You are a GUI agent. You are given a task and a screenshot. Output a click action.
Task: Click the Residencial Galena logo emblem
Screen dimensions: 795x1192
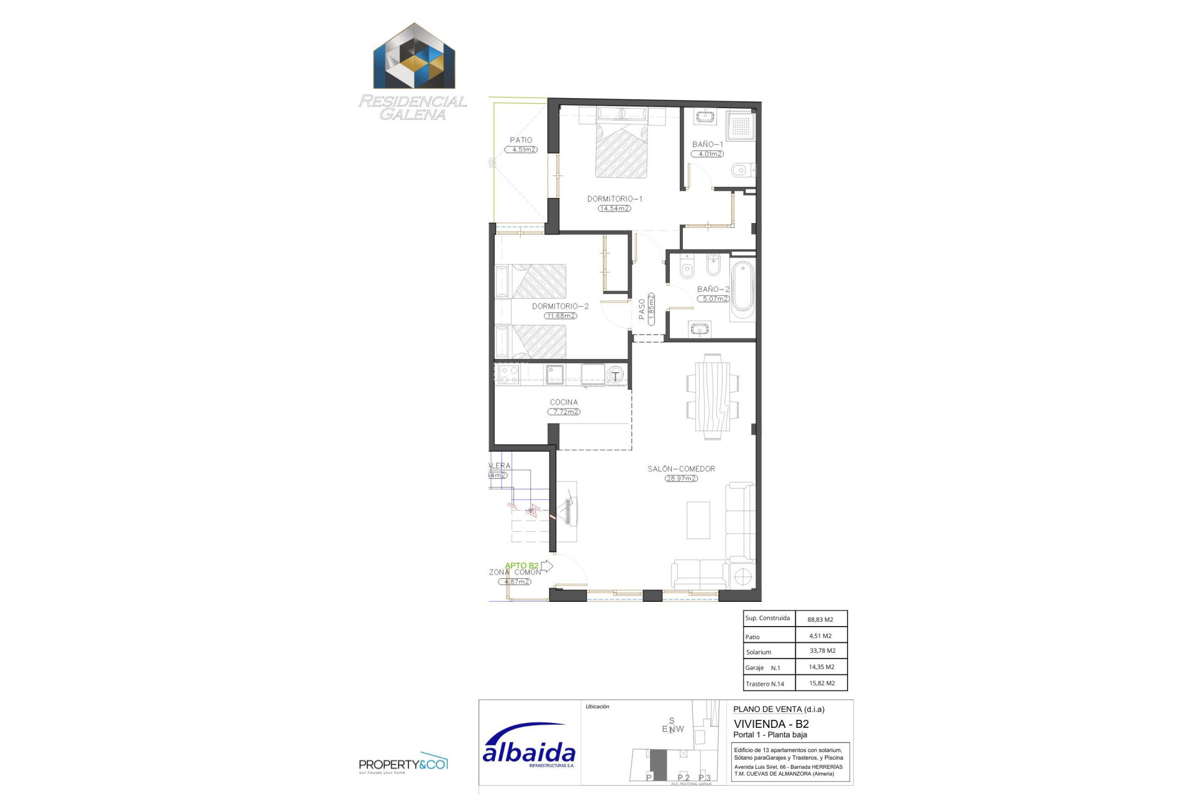(414, 57)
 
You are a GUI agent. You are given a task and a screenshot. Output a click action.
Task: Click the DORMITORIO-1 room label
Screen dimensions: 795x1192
(615, 199)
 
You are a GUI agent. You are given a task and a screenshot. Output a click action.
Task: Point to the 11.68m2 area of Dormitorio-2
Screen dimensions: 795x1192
(561, 316)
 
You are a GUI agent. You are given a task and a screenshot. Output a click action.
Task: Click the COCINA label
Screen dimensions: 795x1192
(564, 402)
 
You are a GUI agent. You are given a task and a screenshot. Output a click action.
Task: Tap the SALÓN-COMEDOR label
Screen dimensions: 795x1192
(681, 469)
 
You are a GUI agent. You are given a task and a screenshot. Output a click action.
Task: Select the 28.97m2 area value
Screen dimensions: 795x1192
(681, 479)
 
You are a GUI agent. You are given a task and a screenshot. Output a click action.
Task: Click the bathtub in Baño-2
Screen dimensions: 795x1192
(743, 286)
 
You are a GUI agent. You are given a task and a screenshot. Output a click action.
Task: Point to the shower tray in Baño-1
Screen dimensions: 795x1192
(741, 125)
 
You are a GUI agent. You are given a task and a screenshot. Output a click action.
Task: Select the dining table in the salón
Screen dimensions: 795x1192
(713, 396)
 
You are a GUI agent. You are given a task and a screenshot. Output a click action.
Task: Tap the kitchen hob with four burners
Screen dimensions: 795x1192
(509, 375)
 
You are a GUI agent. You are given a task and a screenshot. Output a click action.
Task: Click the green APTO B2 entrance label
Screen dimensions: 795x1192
(521, 566)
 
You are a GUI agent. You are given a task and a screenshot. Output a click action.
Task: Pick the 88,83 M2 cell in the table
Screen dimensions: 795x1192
(820, 619)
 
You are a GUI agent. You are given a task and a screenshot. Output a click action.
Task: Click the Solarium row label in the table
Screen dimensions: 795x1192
(759, 652)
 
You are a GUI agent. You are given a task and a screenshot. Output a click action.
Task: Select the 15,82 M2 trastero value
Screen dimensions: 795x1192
(821, 683)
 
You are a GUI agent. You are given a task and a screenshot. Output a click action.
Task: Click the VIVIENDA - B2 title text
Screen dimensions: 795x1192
(771, 724)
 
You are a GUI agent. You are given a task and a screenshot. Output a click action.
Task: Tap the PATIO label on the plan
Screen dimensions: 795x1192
(521, 140)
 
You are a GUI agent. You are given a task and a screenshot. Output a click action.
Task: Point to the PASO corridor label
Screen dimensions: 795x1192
(642, 309)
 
